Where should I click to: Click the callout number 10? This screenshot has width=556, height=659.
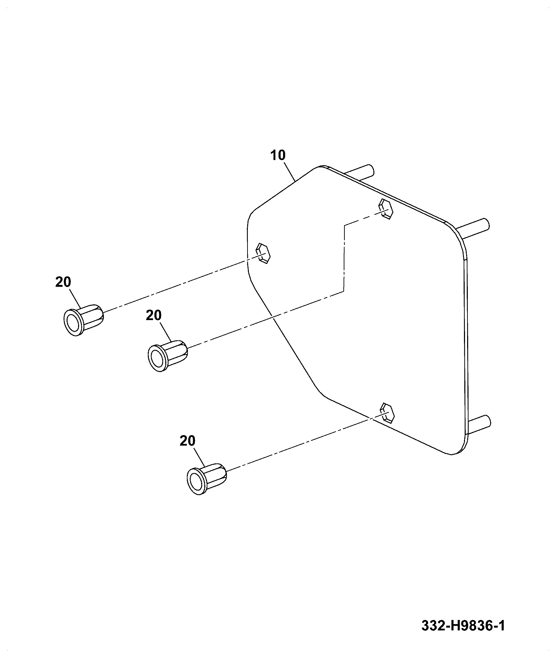278,155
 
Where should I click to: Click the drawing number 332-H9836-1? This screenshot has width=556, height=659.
463,626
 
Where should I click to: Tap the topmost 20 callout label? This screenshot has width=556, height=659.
63,282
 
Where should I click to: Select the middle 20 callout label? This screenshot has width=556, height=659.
154,315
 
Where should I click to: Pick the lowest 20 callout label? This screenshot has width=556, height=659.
188,441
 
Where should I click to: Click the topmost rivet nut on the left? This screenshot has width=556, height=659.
84,319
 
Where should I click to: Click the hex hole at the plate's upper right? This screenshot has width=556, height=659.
386,209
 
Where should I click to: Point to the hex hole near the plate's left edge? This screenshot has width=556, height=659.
263,253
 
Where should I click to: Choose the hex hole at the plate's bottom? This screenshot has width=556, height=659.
388,413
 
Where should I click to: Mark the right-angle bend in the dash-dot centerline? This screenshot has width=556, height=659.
344,226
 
